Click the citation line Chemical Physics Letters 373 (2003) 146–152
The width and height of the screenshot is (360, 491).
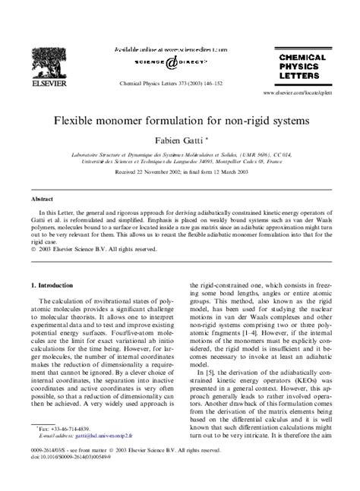tap(169, 85)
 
